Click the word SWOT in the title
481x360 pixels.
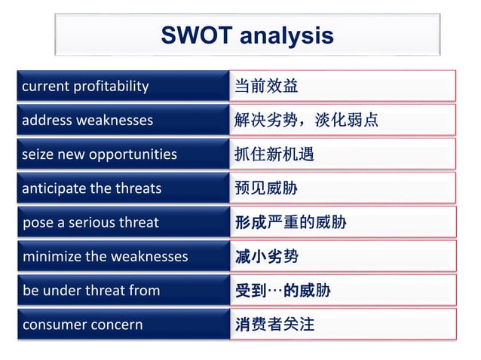tap(195, 35)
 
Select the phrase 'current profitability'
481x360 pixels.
tap(85, 86)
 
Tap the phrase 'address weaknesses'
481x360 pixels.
tap(87, 120)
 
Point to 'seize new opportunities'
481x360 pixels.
tap(100, 154)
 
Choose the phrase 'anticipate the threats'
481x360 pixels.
tap(92, 188)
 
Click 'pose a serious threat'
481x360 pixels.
tap(90, 222)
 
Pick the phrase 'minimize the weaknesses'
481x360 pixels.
tap(105, 256)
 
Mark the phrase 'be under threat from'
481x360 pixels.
tap(91, 290)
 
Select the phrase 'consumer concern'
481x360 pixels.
tap(82, 325)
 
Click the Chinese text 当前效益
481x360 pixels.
tap(266, 86)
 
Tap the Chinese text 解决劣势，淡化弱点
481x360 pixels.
tap(306, 120)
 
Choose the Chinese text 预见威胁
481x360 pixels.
tap(266, 188)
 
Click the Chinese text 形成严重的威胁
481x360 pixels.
tap(290, 222)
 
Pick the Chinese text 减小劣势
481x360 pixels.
tap(266, 256)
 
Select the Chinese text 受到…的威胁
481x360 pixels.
tap(283, 290)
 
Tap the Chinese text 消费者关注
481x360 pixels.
tap(274, 325)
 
